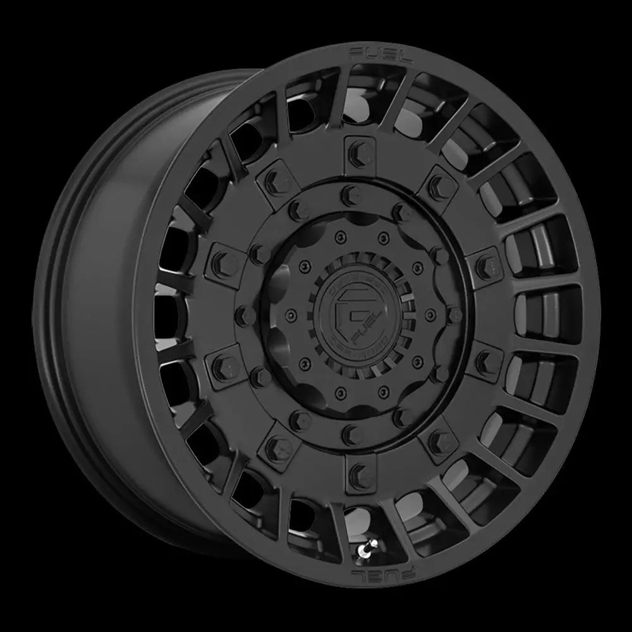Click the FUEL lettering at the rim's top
pos(380,54)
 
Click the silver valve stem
pos(366,549)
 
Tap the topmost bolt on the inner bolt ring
pos(346,193)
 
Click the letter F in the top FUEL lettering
pos(355,51)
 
